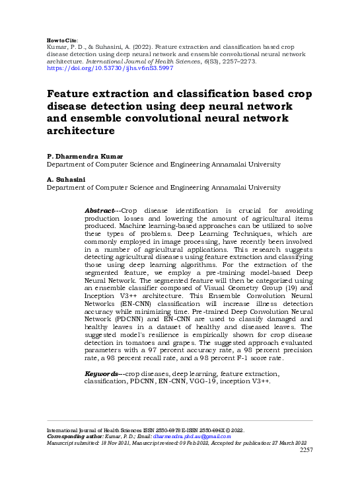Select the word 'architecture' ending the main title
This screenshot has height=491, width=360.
click(87, 132)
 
